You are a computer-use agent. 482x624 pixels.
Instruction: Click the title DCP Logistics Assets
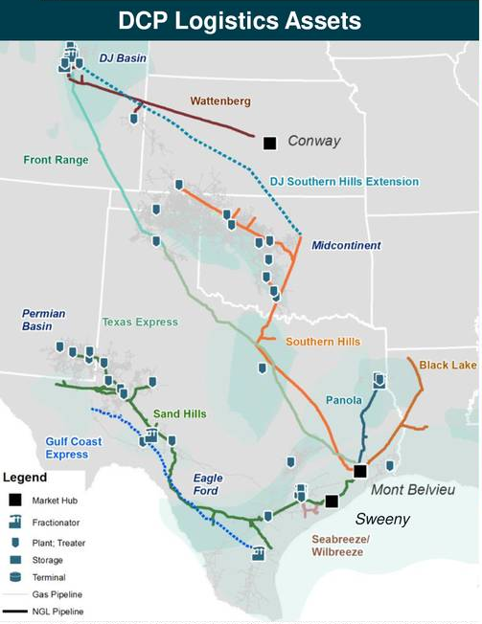[240, 19]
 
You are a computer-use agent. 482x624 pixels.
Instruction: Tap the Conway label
[314, 142]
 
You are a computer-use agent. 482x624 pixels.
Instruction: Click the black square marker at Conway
[269, 143]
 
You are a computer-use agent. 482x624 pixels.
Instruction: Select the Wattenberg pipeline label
[219, 100]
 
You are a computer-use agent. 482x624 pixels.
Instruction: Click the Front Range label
[57, 160]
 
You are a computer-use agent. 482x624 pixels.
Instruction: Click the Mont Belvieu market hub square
[360, 471]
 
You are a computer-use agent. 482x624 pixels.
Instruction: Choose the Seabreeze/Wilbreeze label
[346, 546]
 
